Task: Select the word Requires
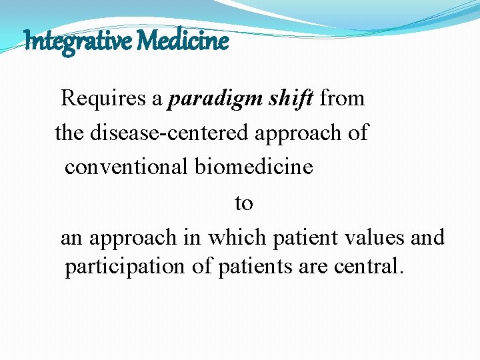coord(104,99)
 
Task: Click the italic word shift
coord(287,99)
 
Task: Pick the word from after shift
coord(342,99)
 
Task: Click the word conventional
coord(126,167)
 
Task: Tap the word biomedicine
coord(253,167)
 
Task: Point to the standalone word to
coord(244,203)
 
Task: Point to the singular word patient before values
coord(303,237)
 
